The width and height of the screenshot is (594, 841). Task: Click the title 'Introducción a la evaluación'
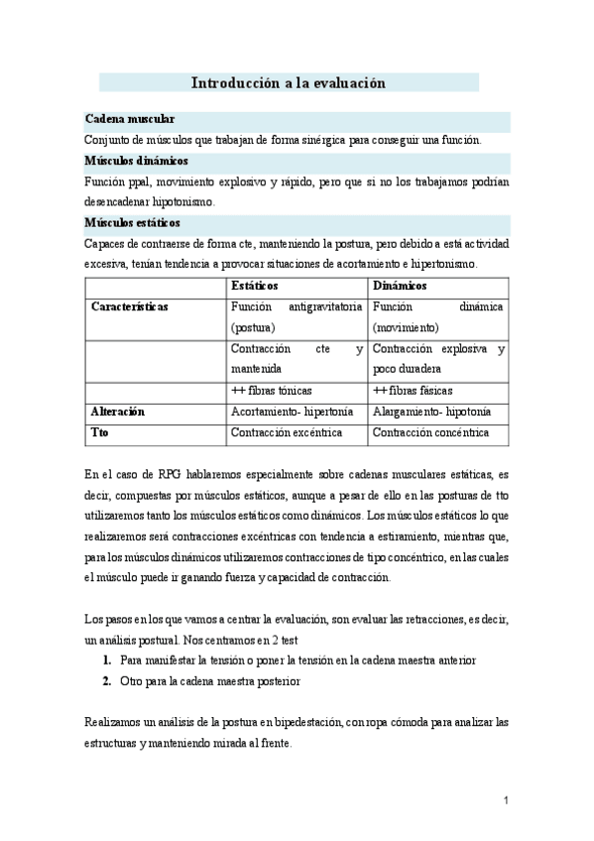point(288,84)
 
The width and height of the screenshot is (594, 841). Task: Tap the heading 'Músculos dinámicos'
point(137,160)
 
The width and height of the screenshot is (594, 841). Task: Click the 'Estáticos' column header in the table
point(255,286)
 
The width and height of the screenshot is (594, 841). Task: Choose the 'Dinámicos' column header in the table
point(401,286)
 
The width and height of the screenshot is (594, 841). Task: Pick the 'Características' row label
point(129,307)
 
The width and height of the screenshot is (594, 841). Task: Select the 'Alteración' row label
point(118,412)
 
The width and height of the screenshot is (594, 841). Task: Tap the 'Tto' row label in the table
point(99,433)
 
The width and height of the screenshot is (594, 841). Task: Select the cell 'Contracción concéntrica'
point(431,433)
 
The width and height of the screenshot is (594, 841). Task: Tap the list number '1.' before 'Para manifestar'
point(106,660)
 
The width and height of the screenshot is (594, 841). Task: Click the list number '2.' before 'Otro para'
point(106,681)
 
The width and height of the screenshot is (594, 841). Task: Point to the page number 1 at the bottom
point(505,799)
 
